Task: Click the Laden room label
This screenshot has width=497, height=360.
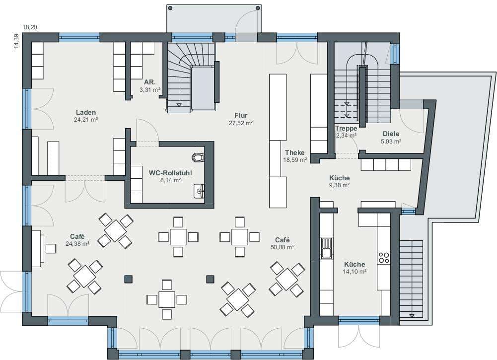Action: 86,113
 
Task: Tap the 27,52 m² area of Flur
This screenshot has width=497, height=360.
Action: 241,123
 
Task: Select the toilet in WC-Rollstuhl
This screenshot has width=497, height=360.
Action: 198,157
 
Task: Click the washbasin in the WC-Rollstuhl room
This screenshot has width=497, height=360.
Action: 199,191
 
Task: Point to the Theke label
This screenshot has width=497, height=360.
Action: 295,152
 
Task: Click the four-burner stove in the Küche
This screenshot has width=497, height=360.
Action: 384,257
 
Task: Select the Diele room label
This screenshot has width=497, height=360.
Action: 391,134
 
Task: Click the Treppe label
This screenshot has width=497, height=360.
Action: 346,128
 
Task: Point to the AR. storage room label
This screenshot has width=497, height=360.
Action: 149,82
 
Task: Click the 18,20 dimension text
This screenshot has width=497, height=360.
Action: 30,27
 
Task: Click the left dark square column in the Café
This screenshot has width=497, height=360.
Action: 129,279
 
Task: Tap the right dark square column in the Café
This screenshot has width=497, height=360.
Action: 210,279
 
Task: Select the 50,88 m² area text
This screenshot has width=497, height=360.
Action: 283,247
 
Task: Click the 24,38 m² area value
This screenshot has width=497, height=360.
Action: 77,244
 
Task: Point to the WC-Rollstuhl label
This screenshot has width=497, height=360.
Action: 170,173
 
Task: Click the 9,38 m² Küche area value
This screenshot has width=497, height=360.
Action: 339,185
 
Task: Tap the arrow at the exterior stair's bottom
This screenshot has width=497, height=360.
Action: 412,315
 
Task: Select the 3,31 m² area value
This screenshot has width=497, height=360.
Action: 149,90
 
